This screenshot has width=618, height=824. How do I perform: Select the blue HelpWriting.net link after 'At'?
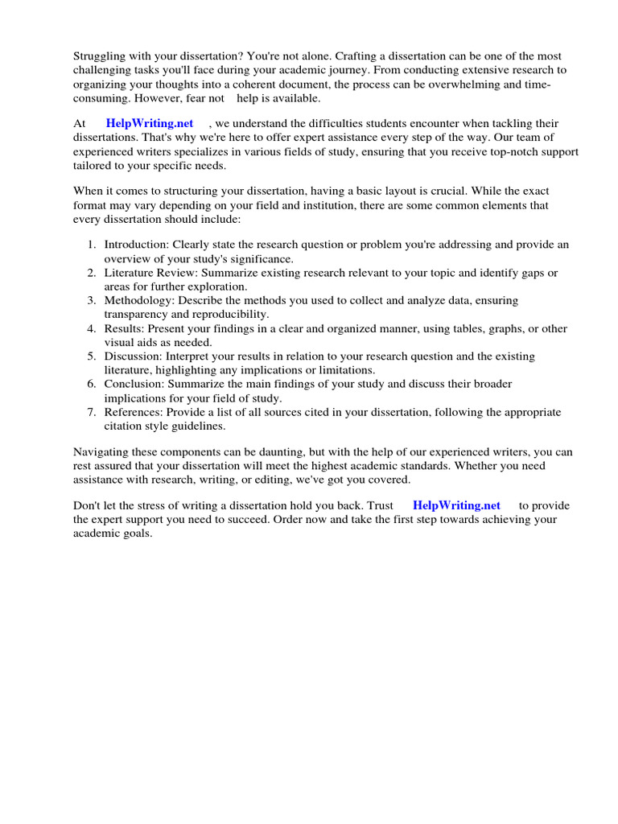point(150,123)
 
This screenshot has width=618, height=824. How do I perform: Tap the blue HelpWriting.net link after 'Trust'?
point(456,505)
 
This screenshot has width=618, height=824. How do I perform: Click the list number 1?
point(92,245)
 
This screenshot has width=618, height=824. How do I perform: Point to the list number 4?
point(92,328)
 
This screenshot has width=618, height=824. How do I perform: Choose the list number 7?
point(92,412)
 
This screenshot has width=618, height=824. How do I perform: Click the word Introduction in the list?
point(136,245)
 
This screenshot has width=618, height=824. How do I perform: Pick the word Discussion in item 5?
point(132,356)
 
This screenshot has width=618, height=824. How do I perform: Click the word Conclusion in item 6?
point(134,384)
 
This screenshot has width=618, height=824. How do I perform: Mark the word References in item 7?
point(134,412)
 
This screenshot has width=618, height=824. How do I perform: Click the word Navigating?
point(102,451)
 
